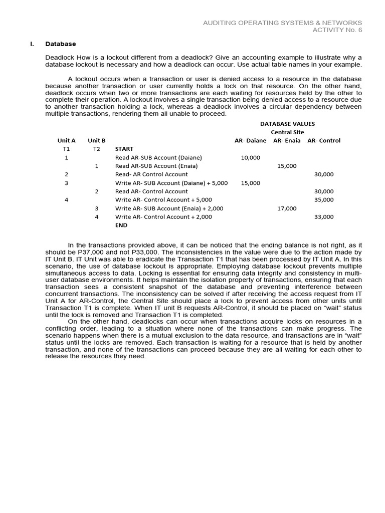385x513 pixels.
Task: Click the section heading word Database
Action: click(60, 44)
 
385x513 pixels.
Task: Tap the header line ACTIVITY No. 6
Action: click(337, 30)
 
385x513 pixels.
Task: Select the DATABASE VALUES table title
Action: click(287, 124)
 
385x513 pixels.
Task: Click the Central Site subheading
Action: click(287, 132)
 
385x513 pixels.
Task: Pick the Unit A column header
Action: click(66, 141)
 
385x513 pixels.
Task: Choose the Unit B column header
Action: click(97, 141)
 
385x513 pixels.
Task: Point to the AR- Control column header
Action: click(324, 141)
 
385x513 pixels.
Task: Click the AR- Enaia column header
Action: click(287, 141)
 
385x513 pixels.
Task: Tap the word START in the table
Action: click(124, 149)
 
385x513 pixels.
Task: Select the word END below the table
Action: click(121, 225)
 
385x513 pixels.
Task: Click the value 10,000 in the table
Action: click(251, 157)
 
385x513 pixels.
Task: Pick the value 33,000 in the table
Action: click(324, 217)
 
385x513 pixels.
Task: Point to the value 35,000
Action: click(324, 200)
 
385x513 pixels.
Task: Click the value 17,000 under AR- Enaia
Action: click(287, 208)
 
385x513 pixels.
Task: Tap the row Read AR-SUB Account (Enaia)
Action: click(156, 166)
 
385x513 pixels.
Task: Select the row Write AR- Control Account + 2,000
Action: click(163, 217)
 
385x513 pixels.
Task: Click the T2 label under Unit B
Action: click(97, 149)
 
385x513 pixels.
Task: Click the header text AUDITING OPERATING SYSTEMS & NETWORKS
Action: click(282, 23)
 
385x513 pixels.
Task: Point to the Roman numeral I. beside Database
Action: click(32, 44)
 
